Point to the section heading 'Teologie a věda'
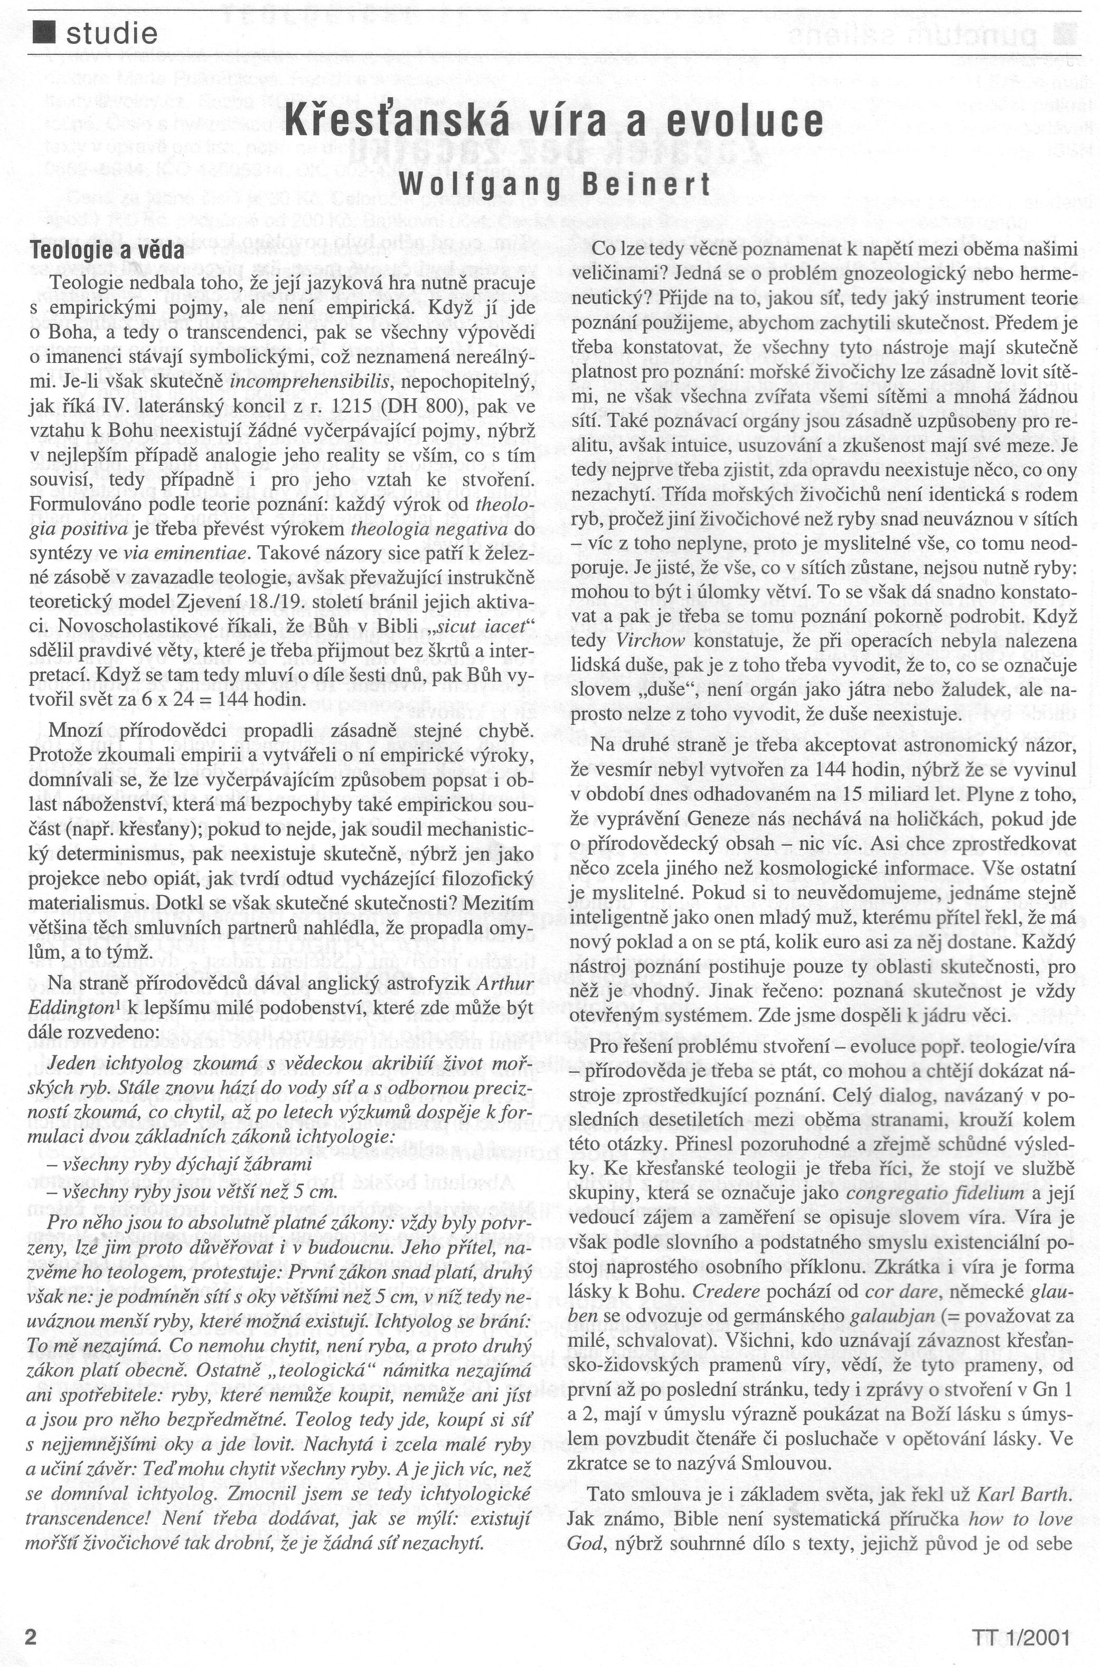coord(107,250)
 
